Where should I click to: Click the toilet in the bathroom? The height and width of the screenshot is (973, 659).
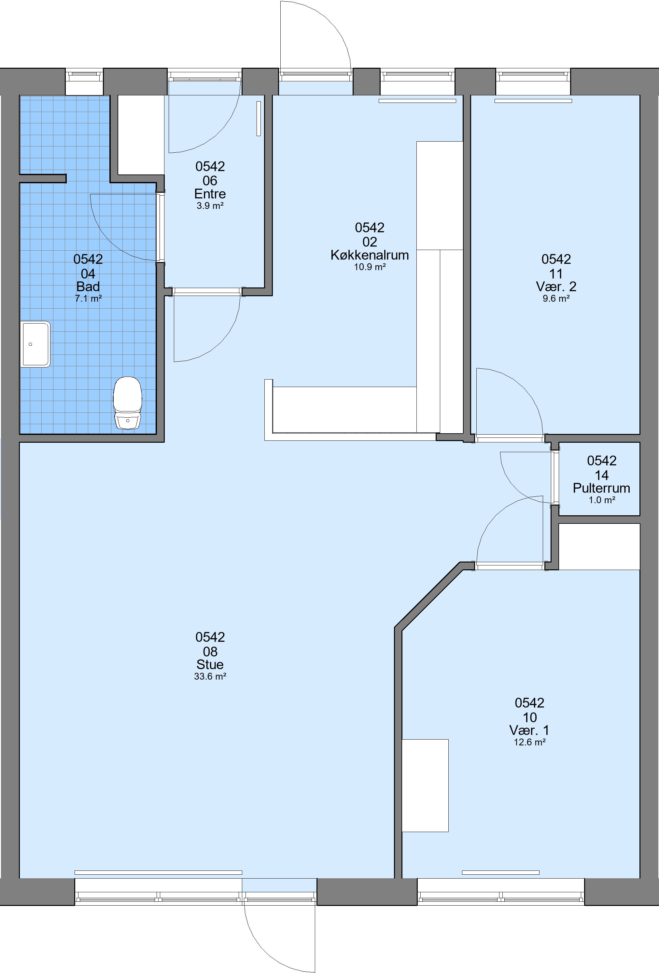[128, 403]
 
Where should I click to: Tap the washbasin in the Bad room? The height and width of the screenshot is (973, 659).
[35, 344]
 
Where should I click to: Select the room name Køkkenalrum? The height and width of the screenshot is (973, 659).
[370, 255]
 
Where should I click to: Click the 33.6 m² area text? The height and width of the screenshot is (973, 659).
[210, 676]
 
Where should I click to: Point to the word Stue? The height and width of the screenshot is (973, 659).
[210, 664]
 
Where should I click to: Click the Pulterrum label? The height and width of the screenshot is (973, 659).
[602, 488]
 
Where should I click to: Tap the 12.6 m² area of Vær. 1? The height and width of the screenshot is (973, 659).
[530, 742]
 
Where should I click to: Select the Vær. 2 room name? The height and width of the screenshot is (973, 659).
[556, 287]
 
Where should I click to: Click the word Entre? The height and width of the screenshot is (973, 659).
[210, 194]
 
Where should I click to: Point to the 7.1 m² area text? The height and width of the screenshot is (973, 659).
[88, 299]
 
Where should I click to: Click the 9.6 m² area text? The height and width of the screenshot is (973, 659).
[556, 299]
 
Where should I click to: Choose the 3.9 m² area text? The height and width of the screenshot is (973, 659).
[210, 206]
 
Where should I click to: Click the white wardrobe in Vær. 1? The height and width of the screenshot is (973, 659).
[425, 785]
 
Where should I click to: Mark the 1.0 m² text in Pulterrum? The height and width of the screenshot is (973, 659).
[602, 500]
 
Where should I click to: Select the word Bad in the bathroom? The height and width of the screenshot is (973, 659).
[88, 287]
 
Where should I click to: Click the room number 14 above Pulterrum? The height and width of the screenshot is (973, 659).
[602, 476]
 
